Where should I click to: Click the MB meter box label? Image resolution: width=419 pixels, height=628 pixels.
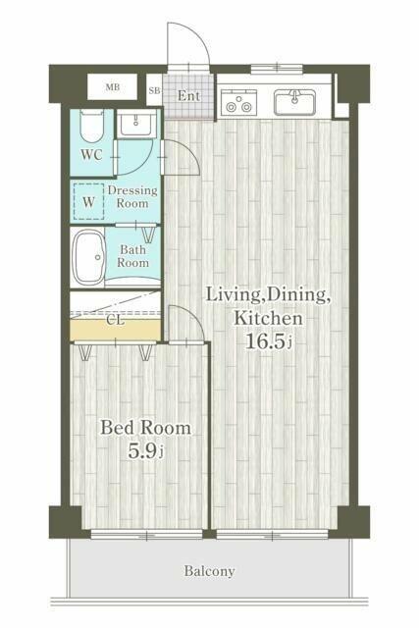coord(113,87)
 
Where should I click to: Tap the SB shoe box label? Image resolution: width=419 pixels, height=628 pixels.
coord(154,90)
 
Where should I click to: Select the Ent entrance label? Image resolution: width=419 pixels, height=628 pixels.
coord(188,96)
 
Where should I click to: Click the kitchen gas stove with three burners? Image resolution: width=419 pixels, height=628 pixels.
coord(238,102)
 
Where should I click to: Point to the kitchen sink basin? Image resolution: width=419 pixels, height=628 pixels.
coord(294,102)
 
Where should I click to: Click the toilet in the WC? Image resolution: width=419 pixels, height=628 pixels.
coord(91,127)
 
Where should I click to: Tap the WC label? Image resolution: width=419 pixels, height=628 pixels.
coord(91,154)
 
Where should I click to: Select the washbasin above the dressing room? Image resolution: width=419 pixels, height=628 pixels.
coord(136,125)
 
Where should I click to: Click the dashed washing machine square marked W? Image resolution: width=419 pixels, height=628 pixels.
coord(88,201)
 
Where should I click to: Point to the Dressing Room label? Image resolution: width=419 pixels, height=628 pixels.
coord(132,196)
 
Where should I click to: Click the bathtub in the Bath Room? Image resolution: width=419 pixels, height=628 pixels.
coord(89,258)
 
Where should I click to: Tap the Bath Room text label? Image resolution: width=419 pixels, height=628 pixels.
coord(133,256)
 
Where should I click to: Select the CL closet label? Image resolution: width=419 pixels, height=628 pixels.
coord(116,321)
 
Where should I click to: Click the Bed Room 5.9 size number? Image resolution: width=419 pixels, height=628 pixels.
coord(142,451)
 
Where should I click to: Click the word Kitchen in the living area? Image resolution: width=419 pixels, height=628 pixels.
coord(268,318)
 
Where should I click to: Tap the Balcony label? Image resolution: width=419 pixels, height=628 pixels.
coord(210,571)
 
